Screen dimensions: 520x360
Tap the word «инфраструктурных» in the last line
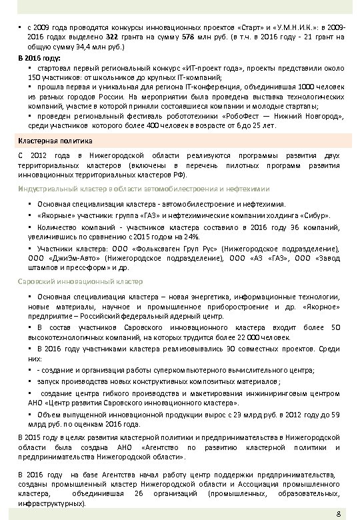point(50,505)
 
